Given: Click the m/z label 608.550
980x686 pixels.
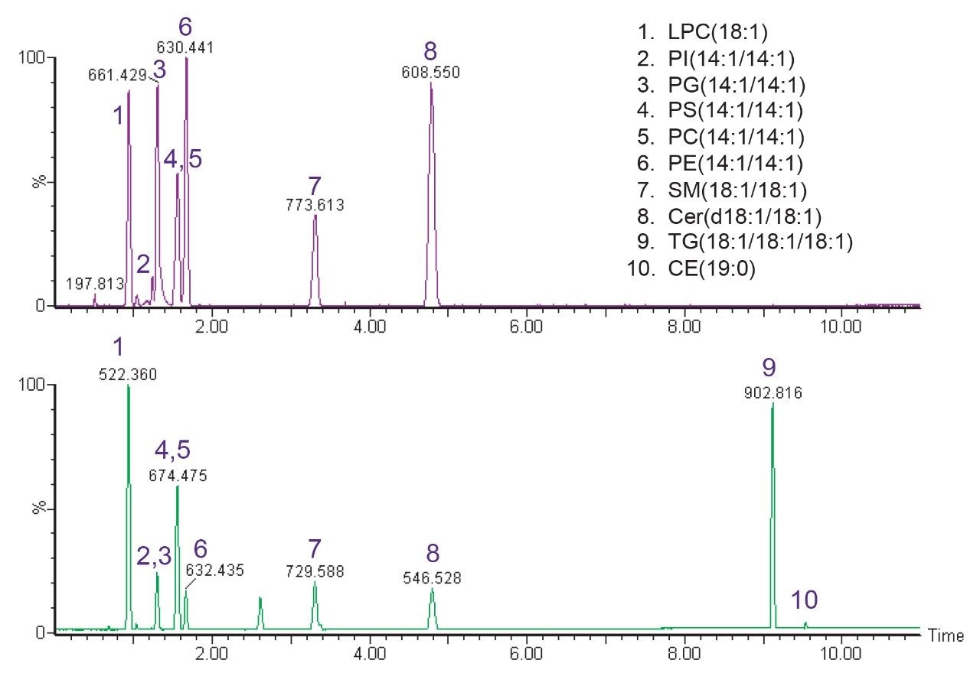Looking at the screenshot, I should [430, 73].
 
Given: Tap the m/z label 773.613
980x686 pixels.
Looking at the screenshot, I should [315, 205].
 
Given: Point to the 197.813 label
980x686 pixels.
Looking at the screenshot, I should [95, 284].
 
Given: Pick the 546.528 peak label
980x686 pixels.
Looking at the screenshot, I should [432, 578].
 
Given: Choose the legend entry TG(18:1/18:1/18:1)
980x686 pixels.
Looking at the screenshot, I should [759, 242].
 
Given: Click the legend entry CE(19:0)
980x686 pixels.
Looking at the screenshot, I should [711, 268].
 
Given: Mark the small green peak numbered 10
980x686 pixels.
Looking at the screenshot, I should [805, 626].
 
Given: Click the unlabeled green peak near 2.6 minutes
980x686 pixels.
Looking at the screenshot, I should [260, 612].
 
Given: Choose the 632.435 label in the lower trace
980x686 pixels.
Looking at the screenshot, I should [214, 570].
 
